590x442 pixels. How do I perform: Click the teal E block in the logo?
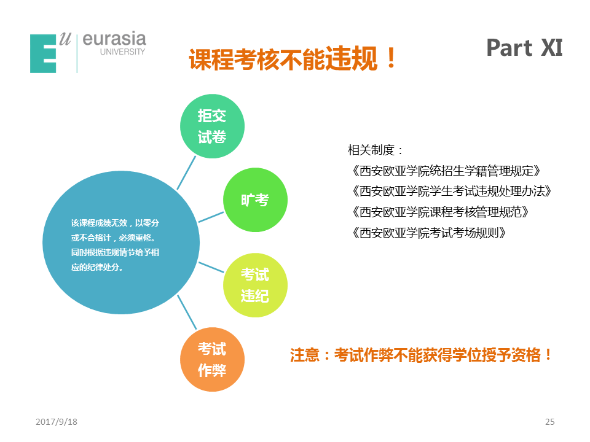pyautogui.click(x=43, y=53)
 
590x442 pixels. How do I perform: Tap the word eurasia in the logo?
pyautogui.click(x=114, y=39)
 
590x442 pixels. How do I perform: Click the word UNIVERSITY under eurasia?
pyautogui.click(x=123, y=52)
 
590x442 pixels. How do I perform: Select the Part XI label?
pyautogui.click(x=524, y=48)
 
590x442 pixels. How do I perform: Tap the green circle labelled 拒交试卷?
pyautogui.click(x=212, y=126)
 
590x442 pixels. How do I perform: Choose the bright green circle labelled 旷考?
pyautogui.click(x=255, y=200)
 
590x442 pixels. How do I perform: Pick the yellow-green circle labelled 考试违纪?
pyautogui.click(x=255, y=285)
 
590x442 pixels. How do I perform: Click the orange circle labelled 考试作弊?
pyautogui.click(x=212, y=360)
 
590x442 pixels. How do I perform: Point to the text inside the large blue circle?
pyautogui.click(x=115, y=245)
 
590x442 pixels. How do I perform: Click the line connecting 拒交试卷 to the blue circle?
pyautogui.click(x=186, y=173)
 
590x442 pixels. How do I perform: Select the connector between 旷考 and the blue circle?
pyautogui.click(x=211, y=217)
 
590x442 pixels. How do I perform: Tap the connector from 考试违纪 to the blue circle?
pyautogui.click(x=211, y=267)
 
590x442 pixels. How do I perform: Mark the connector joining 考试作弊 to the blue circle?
pyautogui.click(x=187, y=312)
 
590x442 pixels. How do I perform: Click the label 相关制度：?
pyautogui.click(x=375, y=150)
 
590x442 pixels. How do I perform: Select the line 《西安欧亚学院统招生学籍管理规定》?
pyautogui.click(x=446, y=171)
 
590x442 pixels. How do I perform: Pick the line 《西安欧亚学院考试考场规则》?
pyautogui.click(x=428, y=233)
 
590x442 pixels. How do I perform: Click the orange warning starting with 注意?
pyautogui.click(x=421, y=355)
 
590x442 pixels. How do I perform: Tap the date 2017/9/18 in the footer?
pyautogui.click(x=57, y=422)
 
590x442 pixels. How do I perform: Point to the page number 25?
pyautogui.click(x=549, y=422)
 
